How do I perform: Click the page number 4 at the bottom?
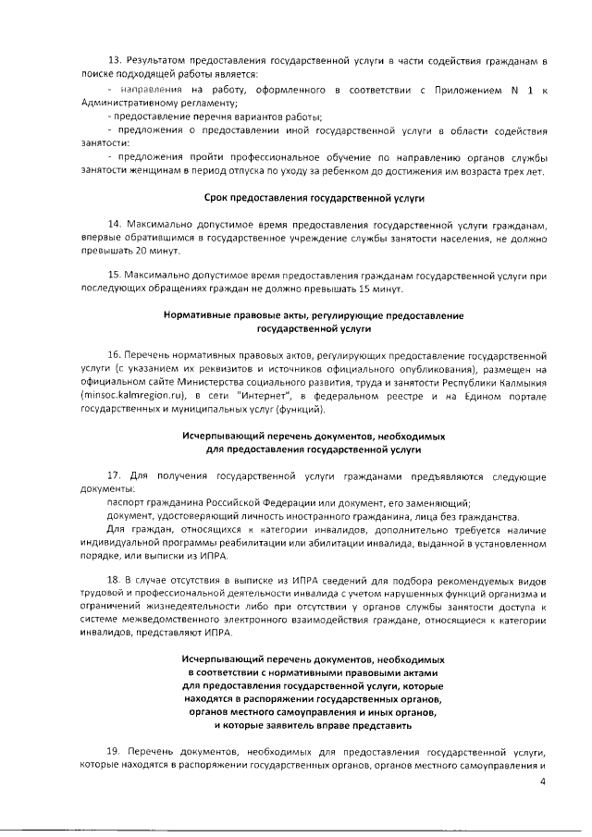pyautogui.click(x=544, y=781)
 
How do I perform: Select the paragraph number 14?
pyautogui.click(x=115, y=225)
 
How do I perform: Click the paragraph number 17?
pyautogui.click(x=115, y=477)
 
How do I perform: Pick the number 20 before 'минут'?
pyautogui.click(x=142, y=251)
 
